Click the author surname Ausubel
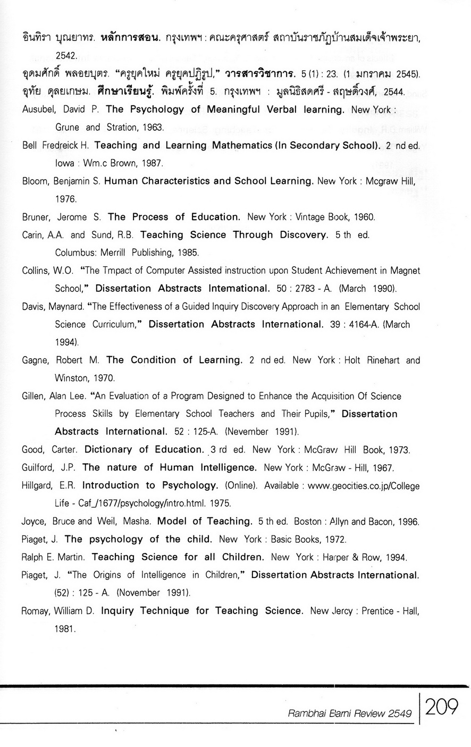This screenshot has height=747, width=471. (x=38, y=110)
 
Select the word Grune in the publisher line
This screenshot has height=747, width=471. (x=67, y=128)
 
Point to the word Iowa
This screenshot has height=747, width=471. (x=64, y=163)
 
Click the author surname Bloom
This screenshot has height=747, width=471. (x=36, y=181)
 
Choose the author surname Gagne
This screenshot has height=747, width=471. (x=36, y=360)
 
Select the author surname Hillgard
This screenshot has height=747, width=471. (x=38, y=485)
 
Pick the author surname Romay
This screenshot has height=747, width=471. (x=36, y=611)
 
